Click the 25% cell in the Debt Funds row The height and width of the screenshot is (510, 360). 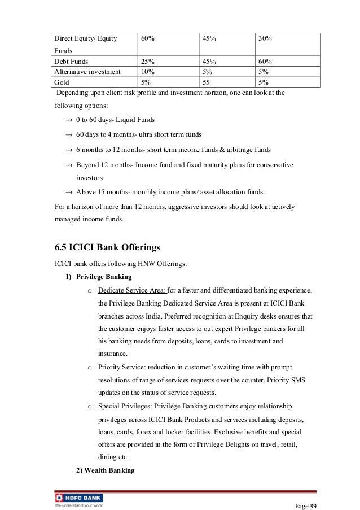148,62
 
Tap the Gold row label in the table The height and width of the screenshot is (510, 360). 61,82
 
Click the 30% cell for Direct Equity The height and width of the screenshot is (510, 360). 265,38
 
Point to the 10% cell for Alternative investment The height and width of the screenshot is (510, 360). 148,72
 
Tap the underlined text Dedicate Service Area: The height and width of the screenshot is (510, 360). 132,290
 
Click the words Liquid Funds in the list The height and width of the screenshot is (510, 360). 137,120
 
